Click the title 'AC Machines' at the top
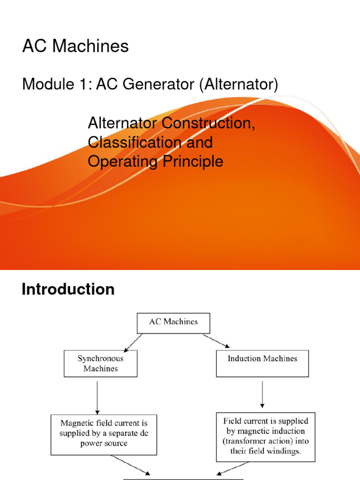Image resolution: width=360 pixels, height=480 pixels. pos(75,46)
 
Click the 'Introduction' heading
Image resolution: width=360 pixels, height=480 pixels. pos(68,289)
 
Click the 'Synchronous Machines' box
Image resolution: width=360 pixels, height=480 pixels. pos(100,364)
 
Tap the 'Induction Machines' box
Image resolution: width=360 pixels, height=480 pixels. pos(262,363)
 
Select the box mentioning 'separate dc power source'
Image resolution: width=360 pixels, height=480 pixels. pos(104,435)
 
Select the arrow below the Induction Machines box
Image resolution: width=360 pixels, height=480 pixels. pos(262,394)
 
